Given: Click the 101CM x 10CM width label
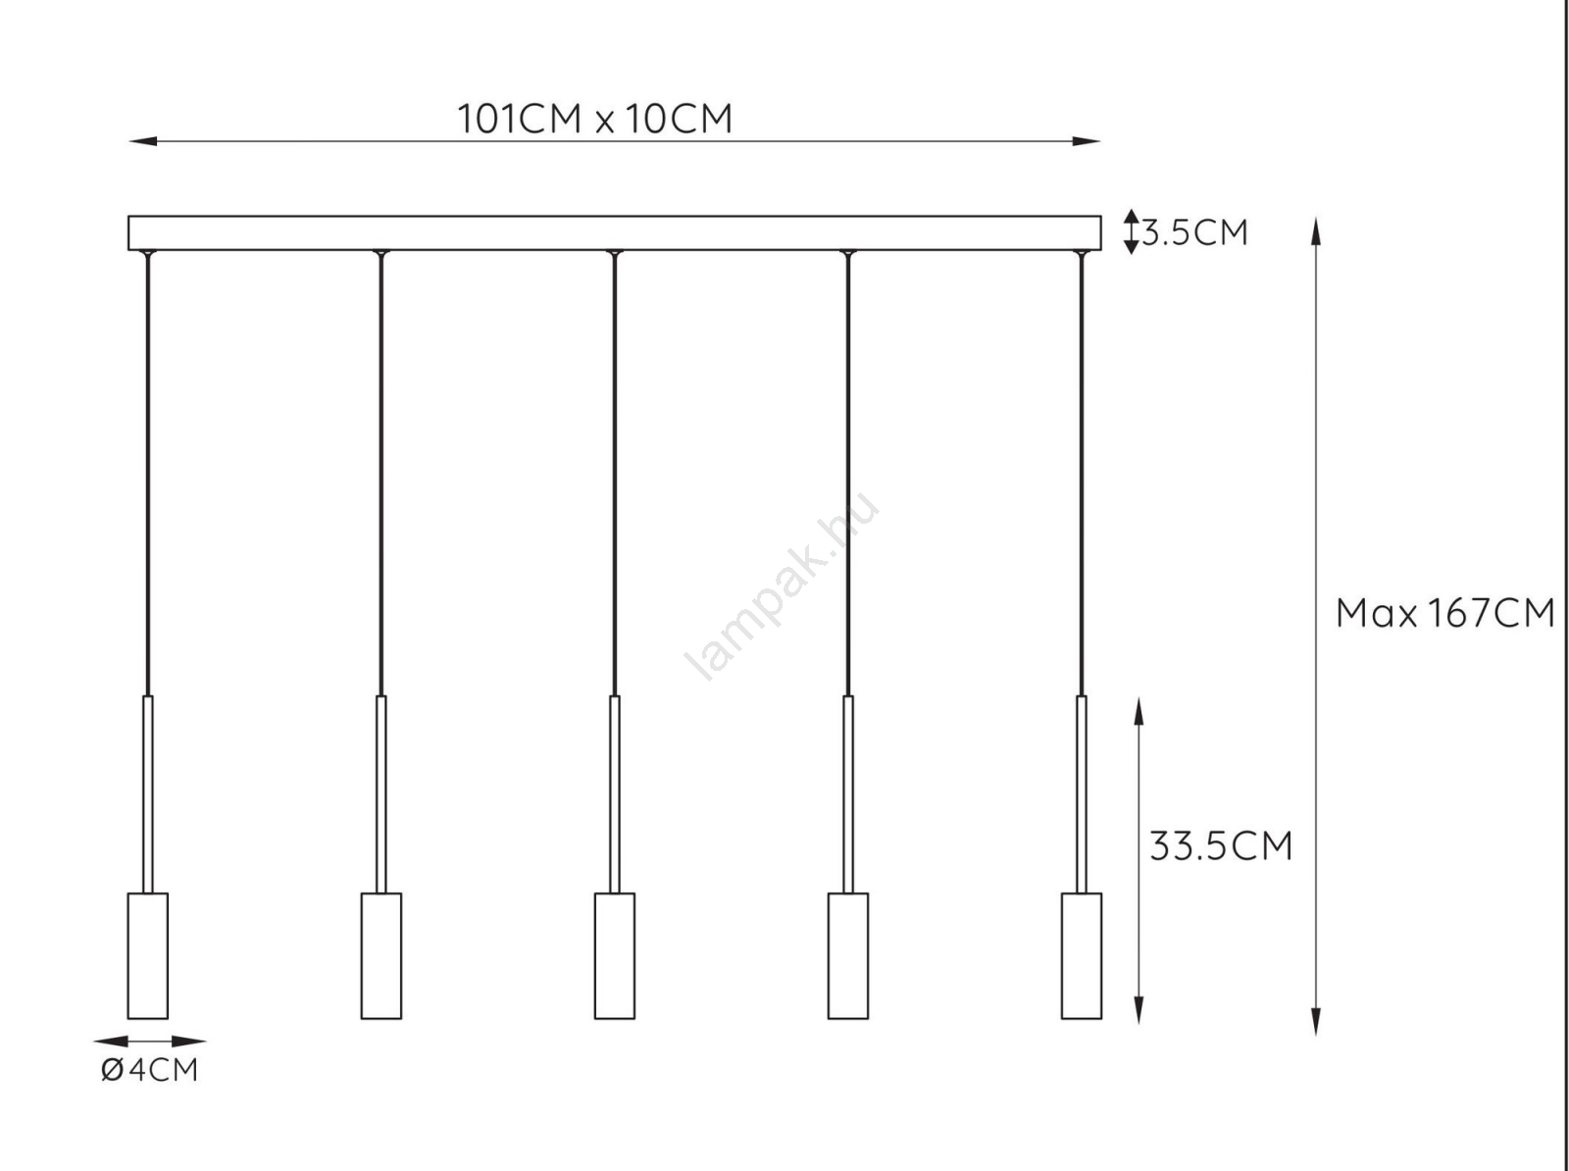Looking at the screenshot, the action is [594, 119].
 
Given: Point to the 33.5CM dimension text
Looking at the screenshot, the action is [1221, 846].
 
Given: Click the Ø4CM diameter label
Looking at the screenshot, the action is [149, 1070].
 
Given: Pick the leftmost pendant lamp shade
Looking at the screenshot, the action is [148, 956].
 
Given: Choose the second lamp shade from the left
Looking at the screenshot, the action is [381, 956].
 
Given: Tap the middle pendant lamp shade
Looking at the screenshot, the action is [615, 956].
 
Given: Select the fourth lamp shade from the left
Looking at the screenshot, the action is [848, 956].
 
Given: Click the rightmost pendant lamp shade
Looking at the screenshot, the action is [1082, 956].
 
